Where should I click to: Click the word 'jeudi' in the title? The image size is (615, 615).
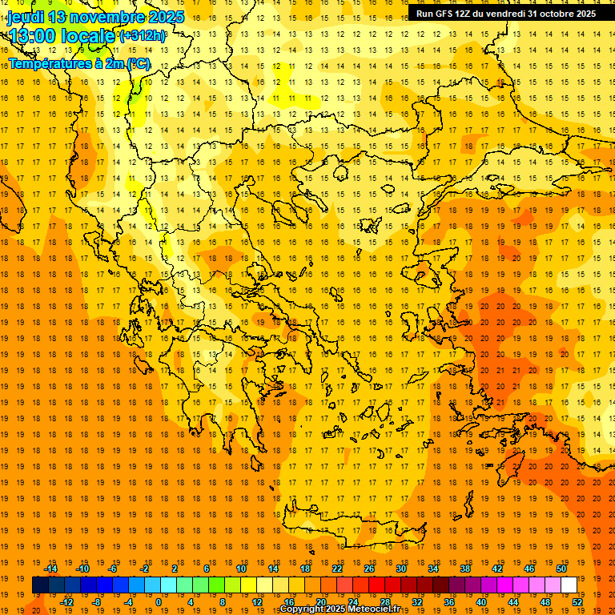coord(24,17)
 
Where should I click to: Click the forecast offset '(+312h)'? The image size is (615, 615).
coord(143,36)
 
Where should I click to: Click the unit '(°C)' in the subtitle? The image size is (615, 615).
coord(138,64)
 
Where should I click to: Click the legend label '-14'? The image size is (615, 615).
coord(51,569)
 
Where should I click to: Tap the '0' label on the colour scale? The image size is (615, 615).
coord(158,602)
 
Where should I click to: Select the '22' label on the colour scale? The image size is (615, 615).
coord(337,569)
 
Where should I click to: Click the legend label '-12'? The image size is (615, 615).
coord(67,602)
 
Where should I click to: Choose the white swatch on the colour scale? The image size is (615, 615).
coord(569,585)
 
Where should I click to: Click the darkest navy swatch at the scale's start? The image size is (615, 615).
coord(40,585)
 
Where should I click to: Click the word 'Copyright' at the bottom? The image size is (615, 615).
coord(303,609)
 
